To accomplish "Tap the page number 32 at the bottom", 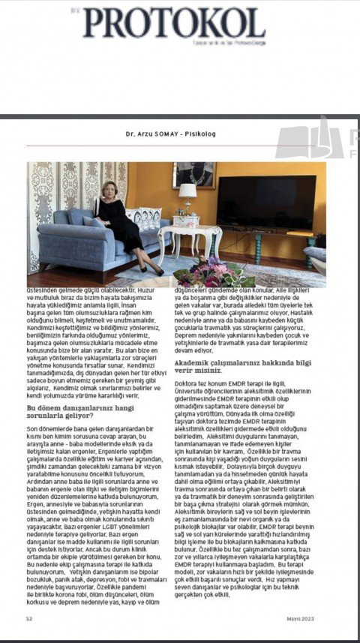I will click(29, 618).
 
